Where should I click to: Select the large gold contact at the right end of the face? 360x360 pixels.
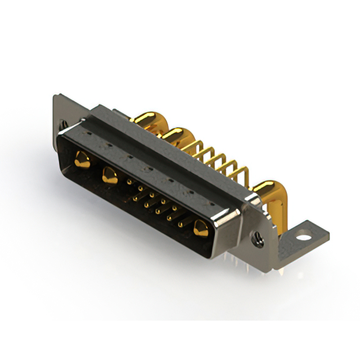pyautogui.click(x=199, y=229)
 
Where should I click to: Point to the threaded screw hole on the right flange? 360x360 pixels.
pyautogui.click(x=258, y=238)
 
